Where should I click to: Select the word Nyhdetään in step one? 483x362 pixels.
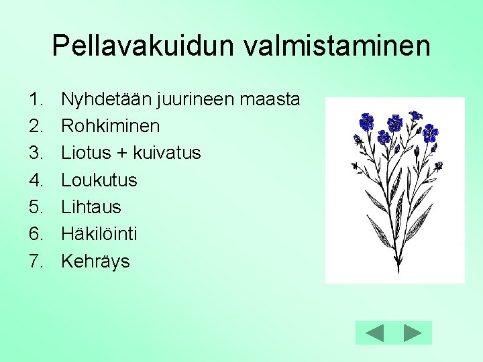[106, 100]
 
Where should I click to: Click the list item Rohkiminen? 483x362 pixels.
[110, 127]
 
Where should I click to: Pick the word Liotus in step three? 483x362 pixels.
[85, 153]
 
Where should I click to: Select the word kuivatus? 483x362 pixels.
[166, 153]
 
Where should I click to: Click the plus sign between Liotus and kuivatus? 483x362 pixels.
[121, 154]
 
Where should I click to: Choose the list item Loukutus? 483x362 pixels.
[99, 180]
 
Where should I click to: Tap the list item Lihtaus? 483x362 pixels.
[91, 207]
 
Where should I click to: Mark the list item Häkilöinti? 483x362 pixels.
[99, 234]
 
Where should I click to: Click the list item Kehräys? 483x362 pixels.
[95, 261]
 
